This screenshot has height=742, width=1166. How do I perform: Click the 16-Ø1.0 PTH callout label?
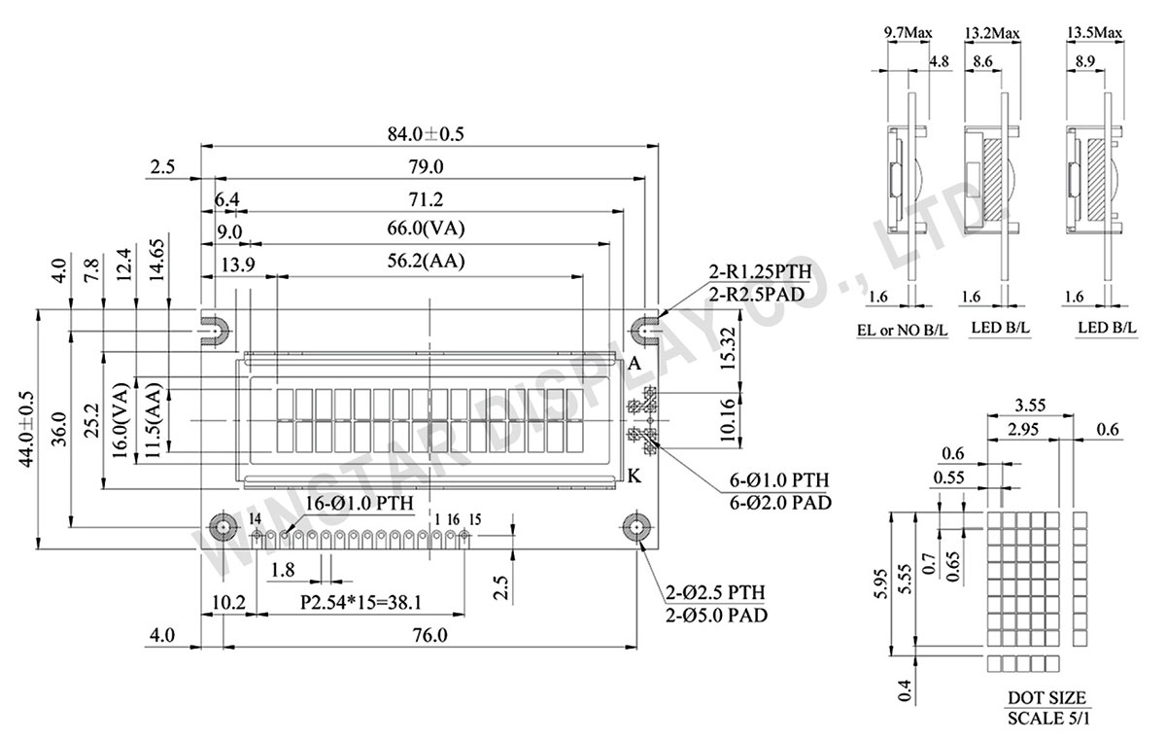tap(360, 503)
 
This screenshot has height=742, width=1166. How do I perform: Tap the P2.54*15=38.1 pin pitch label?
tap(360, 603)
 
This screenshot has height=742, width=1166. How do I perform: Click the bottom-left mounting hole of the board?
tap(223, 527)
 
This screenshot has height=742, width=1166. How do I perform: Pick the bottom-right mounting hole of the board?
tap(636, 527)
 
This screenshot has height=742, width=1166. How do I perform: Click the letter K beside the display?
tap(634, 476)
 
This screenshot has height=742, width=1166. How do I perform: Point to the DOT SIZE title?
tap(1046, 698)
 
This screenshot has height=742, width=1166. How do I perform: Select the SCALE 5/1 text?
tap(1046, 722)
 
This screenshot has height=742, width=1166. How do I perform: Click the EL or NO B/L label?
tap(903, 331)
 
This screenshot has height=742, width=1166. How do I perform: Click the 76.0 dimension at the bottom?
tap(429, 636)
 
